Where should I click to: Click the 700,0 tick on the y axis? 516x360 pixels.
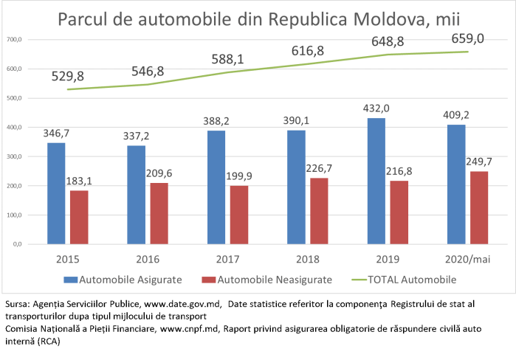(x=13, y=39)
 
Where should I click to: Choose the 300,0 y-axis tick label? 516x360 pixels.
(x=13, y=156)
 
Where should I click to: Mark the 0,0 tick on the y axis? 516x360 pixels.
(x=17, y=244)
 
